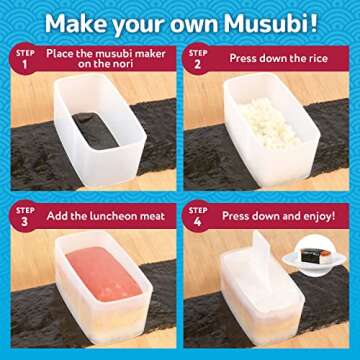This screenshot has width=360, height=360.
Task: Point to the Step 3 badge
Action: click(27, 215)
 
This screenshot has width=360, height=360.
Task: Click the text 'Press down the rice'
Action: click(278, 56)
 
